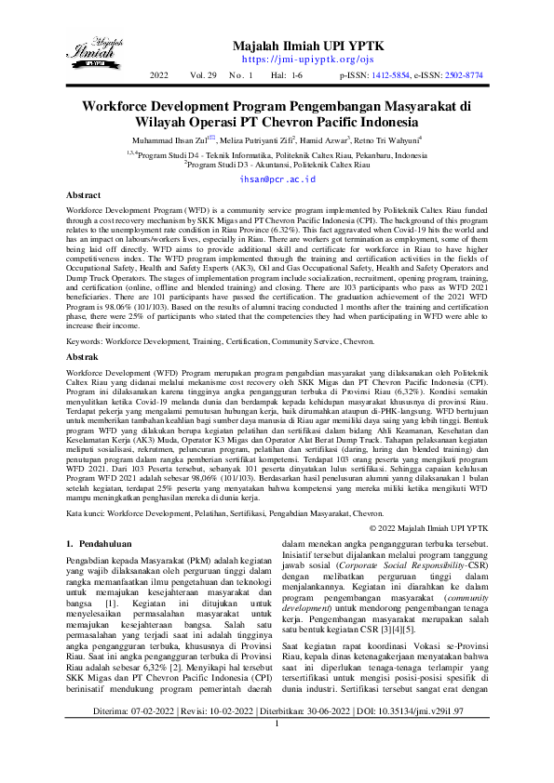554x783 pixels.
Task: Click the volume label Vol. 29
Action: [203, 74]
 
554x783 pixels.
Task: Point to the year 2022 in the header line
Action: [159, 74]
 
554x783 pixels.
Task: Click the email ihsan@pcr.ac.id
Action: [277, 178]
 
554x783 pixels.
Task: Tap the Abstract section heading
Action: [84, 196]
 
